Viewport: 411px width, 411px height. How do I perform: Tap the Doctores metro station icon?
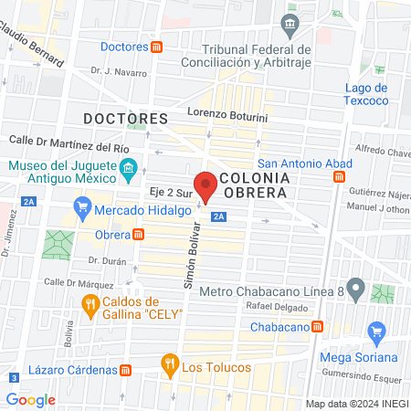tap(157, 47)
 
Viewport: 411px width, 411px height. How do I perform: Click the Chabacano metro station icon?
tap(317, 326)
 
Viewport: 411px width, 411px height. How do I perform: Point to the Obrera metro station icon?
tap(139, 234)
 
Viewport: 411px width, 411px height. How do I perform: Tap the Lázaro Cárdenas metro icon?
tap(125, 369)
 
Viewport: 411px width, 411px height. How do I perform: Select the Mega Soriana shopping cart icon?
tap(374, 331)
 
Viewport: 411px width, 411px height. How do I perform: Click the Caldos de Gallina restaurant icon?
tap(90, 308)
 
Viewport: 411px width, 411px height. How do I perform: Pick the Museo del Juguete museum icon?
tap(129, 169)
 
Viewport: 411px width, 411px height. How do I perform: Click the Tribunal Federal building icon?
tap(290, 23)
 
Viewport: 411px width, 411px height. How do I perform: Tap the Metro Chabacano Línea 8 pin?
tap(357, 291)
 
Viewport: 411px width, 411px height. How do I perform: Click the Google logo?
tap(30, 399)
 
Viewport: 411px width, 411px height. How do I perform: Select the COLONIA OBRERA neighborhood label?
tap(254, 185)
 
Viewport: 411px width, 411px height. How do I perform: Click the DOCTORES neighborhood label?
tap(125, 119)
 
